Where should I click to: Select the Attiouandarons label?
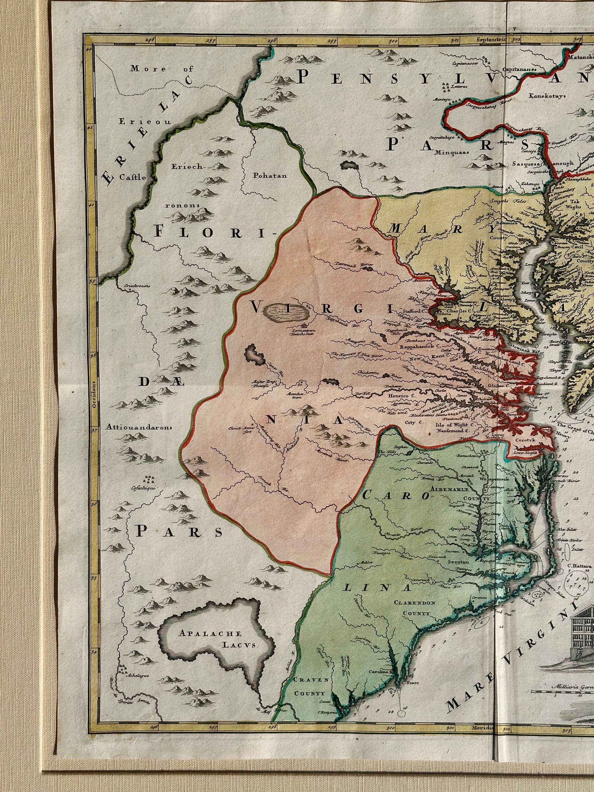(138, 427)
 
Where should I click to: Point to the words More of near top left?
(161, 69)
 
